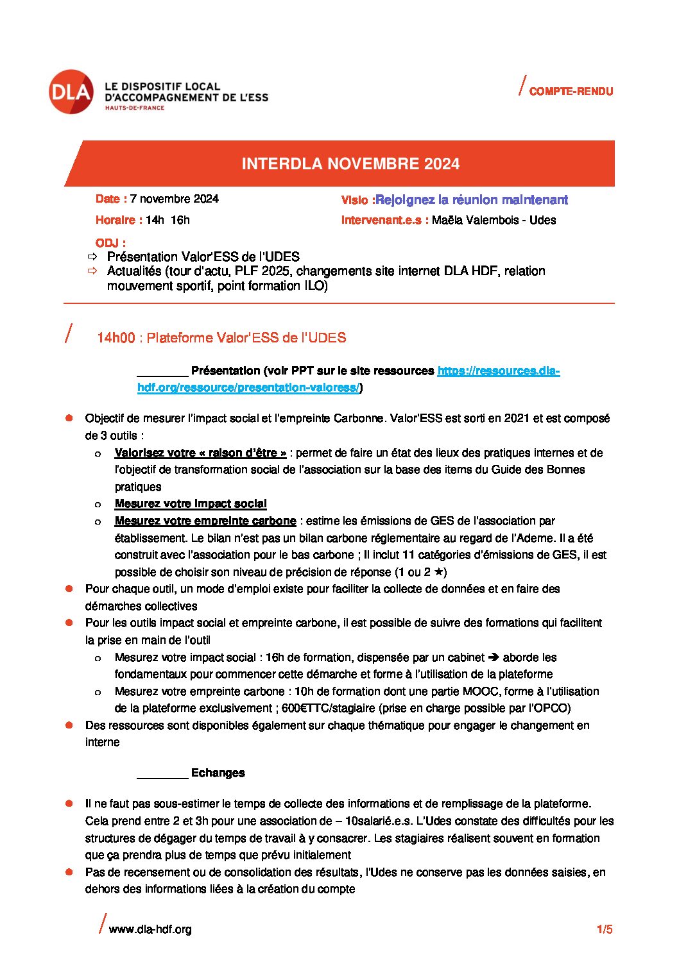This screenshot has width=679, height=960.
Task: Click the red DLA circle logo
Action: coord(71,92)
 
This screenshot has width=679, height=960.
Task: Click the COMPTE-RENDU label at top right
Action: coord(571,92)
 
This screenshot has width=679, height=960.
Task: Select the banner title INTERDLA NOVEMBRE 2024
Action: coord(350,164)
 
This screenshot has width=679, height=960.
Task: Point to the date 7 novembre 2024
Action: coord(174,199)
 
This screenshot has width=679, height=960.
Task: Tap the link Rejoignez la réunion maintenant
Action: coord(472,199)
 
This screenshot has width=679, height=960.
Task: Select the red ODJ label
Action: coord(110,243)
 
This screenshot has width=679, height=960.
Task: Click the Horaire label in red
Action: coord(119,220)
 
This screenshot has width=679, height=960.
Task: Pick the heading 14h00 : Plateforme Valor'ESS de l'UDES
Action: coord(221,338)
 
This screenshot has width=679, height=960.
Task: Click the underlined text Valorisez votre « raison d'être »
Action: coord(200,453)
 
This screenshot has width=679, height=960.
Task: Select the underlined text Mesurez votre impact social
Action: coord(191,504)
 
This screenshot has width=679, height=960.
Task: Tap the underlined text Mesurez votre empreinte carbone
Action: coord(205,521)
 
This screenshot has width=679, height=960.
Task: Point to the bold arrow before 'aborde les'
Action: coord(494,657)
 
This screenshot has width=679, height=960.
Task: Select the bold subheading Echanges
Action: coord(218,773)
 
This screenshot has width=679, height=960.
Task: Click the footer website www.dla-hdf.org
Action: coord(150,929)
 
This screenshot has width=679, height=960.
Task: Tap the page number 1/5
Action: coord(605,929)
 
